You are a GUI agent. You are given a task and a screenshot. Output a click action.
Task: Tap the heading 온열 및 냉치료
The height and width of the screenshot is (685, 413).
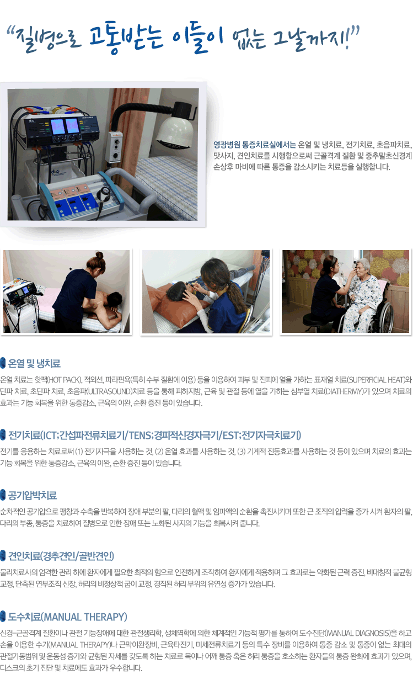tap(34, 363)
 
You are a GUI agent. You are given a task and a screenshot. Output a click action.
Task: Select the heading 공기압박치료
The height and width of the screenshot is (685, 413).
tap(33, 495)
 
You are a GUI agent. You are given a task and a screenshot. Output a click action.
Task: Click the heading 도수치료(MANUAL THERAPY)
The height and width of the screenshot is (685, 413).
tap(67, 617)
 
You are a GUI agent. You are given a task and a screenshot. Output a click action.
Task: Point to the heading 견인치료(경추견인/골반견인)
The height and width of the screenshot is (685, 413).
tap(61, 556)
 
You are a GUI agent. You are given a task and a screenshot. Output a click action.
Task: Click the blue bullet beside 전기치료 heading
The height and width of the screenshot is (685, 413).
tap(3, 434)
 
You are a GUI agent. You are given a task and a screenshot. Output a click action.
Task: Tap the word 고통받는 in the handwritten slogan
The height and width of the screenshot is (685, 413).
tap(126, 38)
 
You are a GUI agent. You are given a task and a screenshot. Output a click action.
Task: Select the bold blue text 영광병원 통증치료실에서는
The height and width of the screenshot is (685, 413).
tap(254, 144)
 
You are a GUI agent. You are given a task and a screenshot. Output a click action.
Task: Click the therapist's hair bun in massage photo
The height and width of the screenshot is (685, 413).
tap(99, 254)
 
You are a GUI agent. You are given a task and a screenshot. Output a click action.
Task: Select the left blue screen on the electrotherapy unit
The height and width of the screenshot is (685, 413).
tap(57, 126)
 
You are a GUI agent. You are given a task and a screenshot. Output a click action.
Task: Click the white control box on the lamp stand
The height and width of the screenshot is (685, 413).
tap(114, 147)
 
